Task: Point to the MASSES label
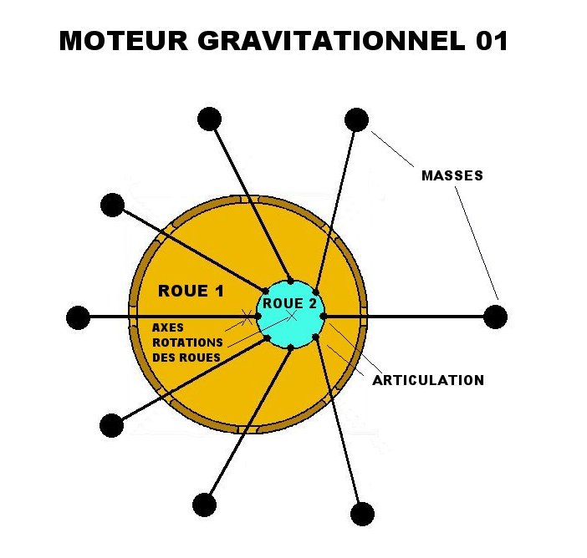[452, 176]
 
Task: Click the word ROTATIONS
[188, 342]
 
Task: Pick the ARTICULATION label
[428, 380]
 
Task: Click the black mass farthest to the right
[496, 317]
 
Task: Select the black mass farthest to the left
[78, 317]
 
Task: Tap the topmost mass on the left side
[209, 119]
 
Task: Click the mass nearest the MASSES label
[356, 119]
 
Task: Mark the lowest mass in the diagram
[362, 513]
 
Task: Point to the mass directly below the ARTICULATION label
[362, 513]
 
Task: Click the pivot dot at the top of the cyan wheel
[289, 282]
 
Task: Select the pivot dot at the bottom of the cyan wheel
[290, 347]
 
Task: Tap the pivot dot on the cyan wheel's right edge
[323, 316]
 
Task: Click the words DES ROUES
[186, 358]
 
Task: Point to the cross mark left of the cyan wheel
[248, 316]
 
